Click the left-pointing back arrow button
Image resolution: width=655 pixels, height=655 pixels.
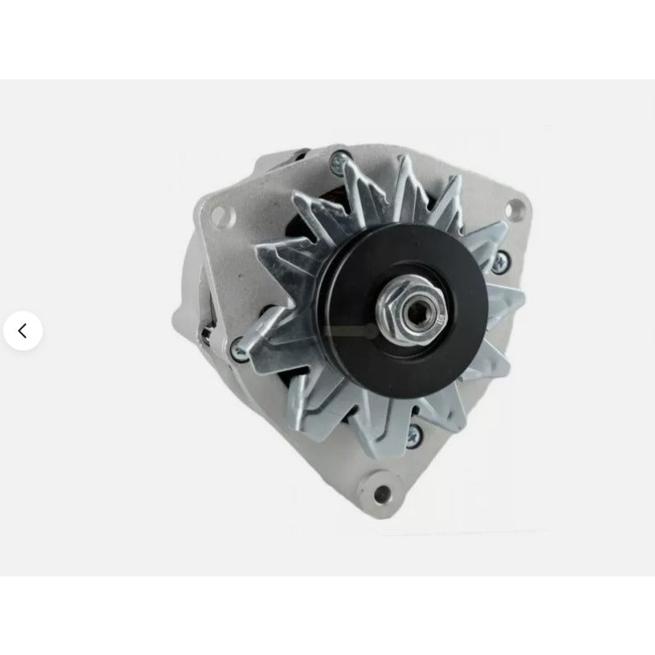tap(22, 331)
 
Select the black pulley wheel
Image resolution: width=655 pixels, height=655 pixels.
tap(360, 278)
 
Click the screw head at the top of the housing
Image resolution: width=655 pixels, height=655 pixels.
tap(337, 165)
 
